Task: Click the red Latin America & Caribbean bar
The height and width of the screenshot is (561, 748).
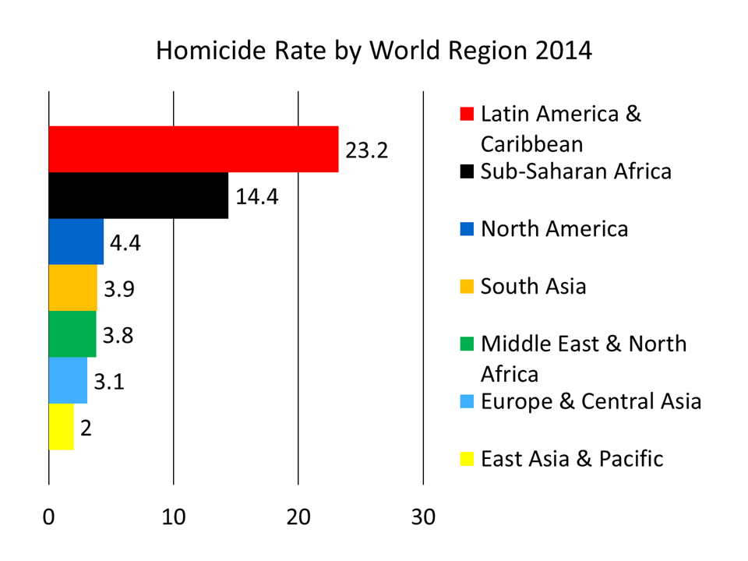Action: coord(193,149)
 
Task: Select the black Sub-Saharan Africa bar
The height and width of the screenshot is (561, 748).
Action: coord(139,196)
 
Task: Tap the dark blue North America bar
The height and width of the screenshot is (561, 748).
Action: coord(76,242)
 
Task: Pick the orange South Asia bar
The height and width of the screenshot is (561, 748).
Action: coord(73,288)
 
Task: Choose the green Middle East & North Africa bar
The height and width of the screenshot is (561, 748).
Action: coord(72,334)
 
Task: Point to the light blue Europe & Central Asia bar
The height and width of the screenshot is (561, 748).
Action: coord(68,380)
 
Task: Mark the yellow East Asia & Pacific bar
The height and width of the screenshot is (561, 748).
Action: coord(62,426)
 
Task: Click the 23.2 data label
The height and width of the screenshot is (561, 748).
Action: coord(366,150)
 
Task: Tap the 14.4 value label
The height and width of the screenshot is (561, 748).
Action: coord(257,196)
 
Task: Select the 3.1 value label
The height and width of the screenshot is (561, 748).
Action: coord(110,382)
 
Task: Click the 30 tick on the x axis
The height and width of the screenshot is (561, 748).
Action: coord(423,517)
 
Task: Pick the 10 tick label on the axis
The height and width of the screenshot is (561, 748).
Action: coord(173,517)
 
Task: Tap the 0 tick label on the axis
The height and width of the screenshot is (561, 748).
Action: coord(49,517)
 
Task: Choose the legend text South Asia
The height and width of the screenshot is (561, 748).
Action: coord(533,287)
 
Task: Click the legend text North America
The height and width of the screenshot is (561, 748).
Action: coord(554,229)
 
